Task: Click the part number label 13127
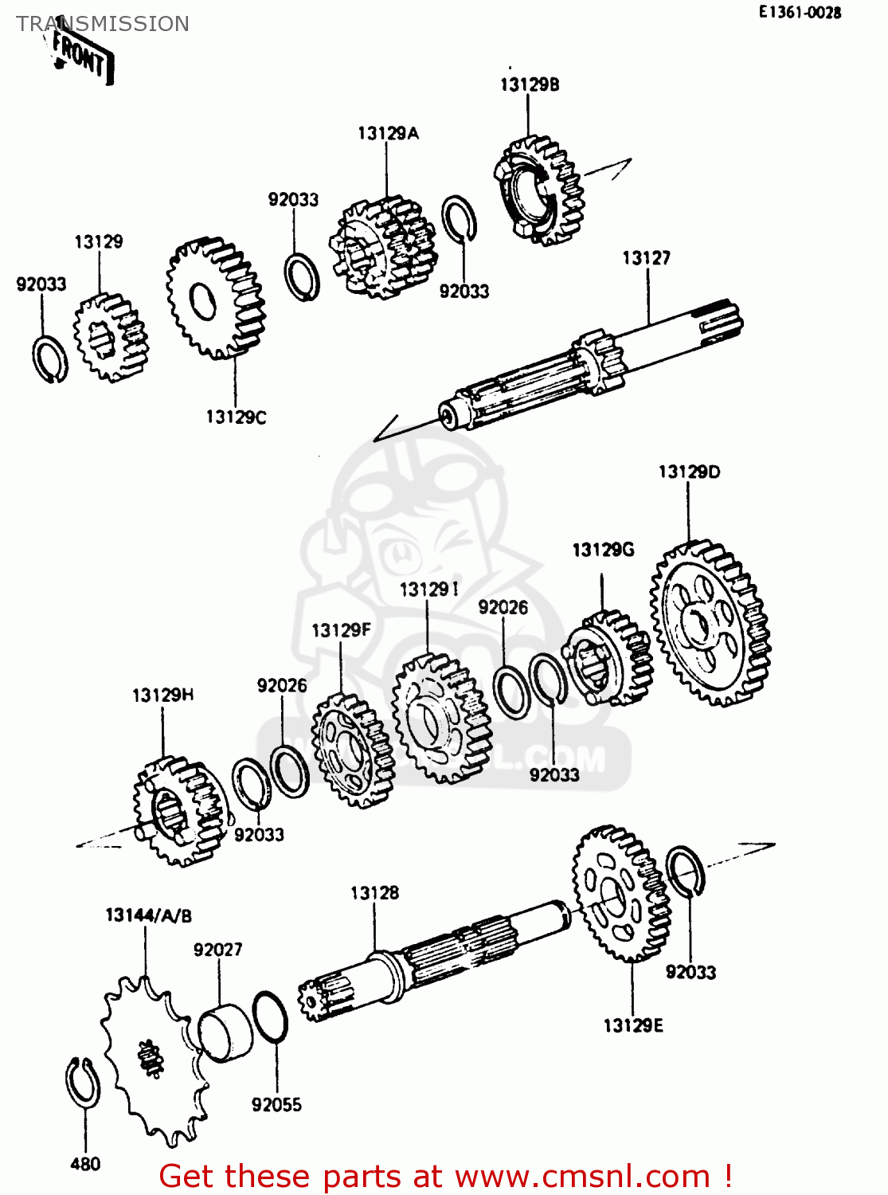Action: [646, 258]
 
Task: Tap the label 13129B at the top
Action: [529, 84]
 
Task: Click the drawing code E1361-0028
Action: [800, 12]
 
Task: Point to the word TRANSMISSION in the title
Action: [103, 24]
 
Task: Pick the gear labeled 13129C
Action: [215, 298]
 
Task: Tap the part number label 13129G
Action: [603, 550]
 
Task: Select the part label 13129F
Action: [341, 630]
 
